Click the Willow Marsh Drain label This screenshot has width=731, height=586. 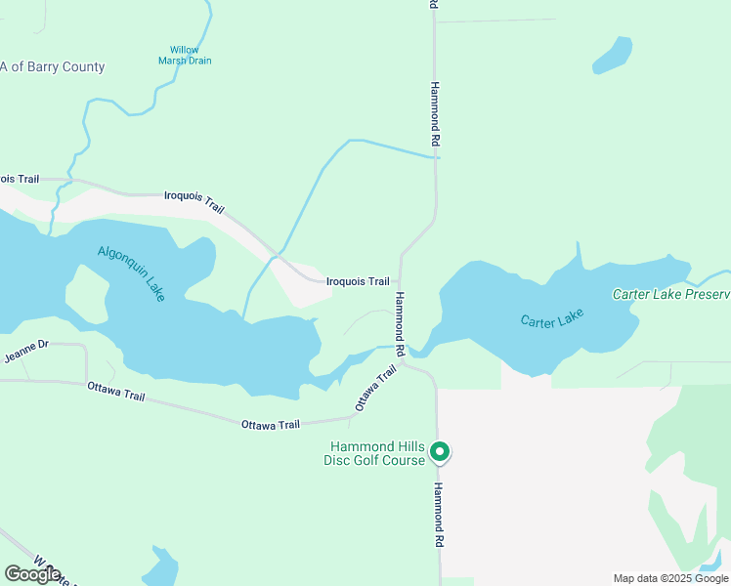coord(185,55)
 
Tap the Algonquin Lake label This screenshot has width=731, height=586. coord(131,272)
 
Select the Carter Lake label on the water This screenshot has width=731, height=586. coord(552,318)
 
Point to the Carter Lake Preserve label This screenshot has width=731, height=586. coord(670,294)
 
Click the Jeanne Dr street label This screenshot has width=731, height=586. coord(26,352)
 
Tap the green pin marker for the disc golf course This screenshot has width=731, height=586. coord(440,451)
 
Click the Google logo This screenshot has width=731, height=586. coord(32,574)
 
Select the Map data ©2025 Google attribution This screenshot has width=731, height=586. coord(671,578)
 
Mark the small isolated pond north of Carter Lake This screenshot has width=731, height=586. coord(612,56)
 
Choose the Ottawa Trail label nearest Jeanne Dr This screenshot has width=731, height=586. coord(115,391)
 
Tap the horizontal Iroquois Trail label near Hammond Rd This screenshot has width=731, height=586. coord(358,281)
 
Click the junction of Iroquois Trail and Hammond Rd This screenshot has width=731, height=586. coord(400,282)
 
